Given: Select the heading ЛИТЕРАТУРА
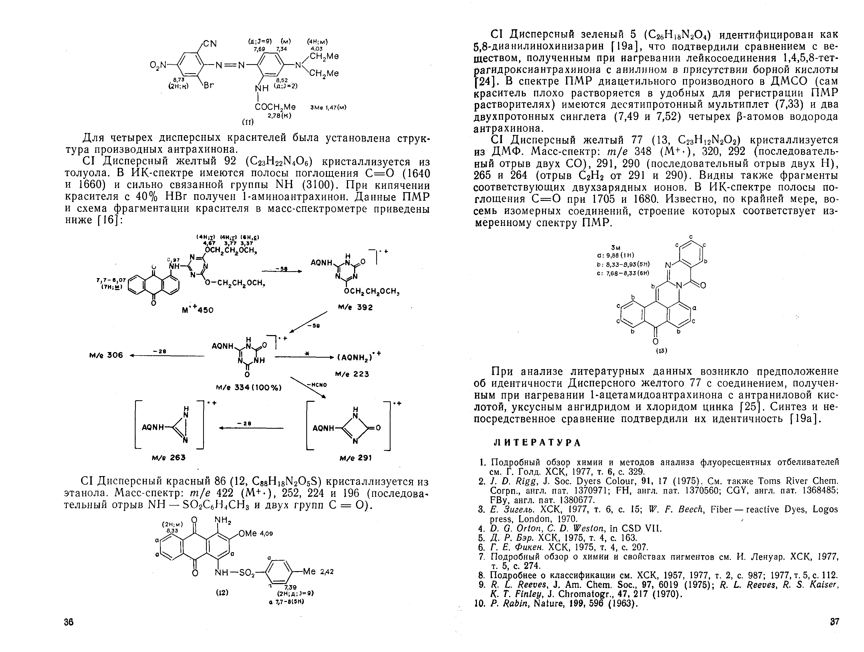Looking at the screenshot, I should (x=538, y=443).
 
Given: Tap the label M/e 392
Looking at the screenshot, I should (x=355, y=308).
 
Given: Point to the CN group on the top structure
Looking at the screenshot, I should (x=209, y=43).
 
